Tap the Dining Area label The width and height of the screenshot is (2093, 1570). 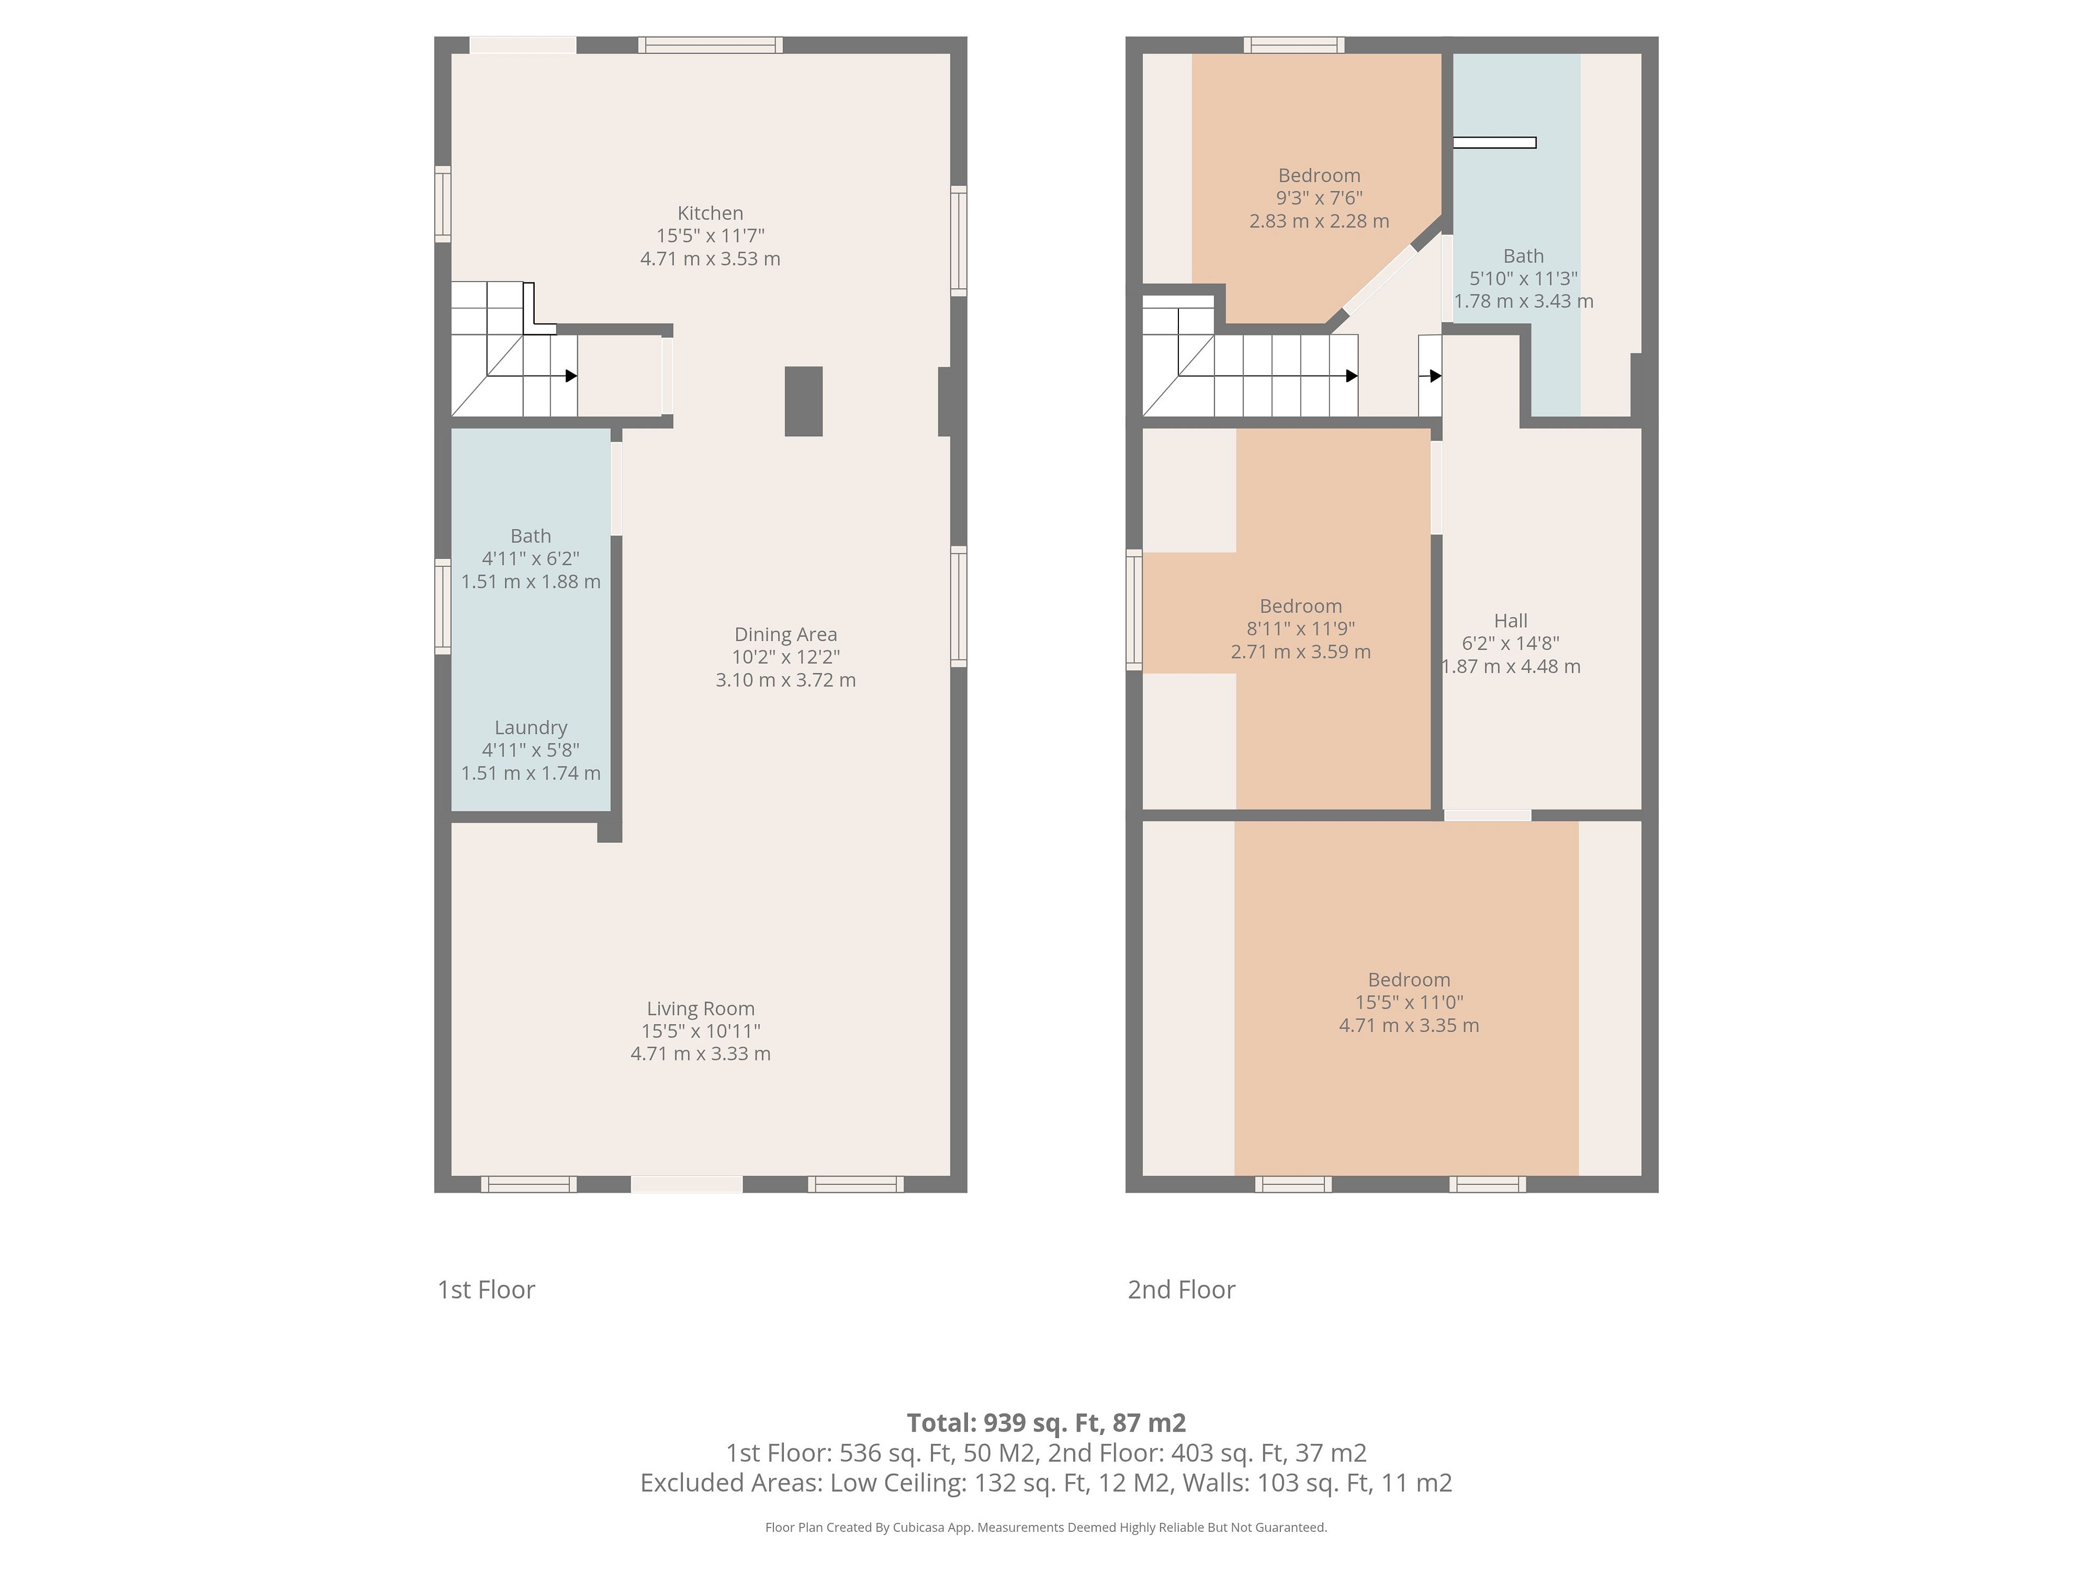[785, 634]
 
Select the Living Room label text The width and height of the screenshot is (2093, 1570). [700, 1009]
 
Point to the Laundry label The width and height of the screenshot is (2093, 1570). [531, 728]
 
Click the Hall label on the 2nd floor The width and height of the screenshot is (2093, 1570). [1510, 621]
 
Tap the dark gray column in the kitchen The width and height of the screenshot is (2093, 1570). [803, 401]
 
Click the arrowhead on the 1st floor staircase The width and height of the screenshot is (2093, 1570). [572, 376]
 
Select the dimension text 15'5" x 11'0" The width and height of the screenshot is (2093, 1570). [1409, 1002]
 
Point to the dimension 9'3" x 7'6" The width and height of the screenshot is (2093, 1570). [1319, 198]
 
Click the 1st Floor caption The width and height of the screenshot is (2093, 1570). [486, 1290]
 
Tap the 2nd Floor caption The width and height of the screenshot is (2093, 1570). [1181, 1290]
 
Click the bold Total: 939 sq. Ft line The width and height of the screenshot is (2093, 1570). [1046, 1422]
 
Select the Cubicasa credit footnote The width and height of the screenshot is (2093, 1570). [1046, 1526]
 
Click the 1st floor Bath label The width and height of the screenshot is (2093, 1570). [531, 536]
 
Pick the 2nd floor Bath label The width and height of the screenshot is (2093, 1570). [1523, 256]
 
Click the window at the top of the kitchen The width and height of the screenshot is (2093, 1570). [711, 45]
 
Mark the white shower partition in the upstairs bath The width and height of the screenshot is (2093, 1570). [1494, 143]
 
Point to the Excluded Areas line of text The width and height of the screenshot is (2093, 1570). [1046, 1483]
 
